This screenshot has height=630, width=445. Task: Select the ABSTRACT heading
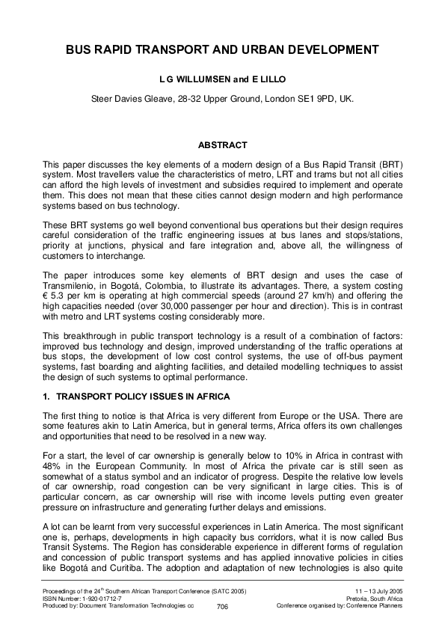222,144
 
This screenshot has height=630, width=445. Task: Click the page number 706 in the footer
222,607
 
